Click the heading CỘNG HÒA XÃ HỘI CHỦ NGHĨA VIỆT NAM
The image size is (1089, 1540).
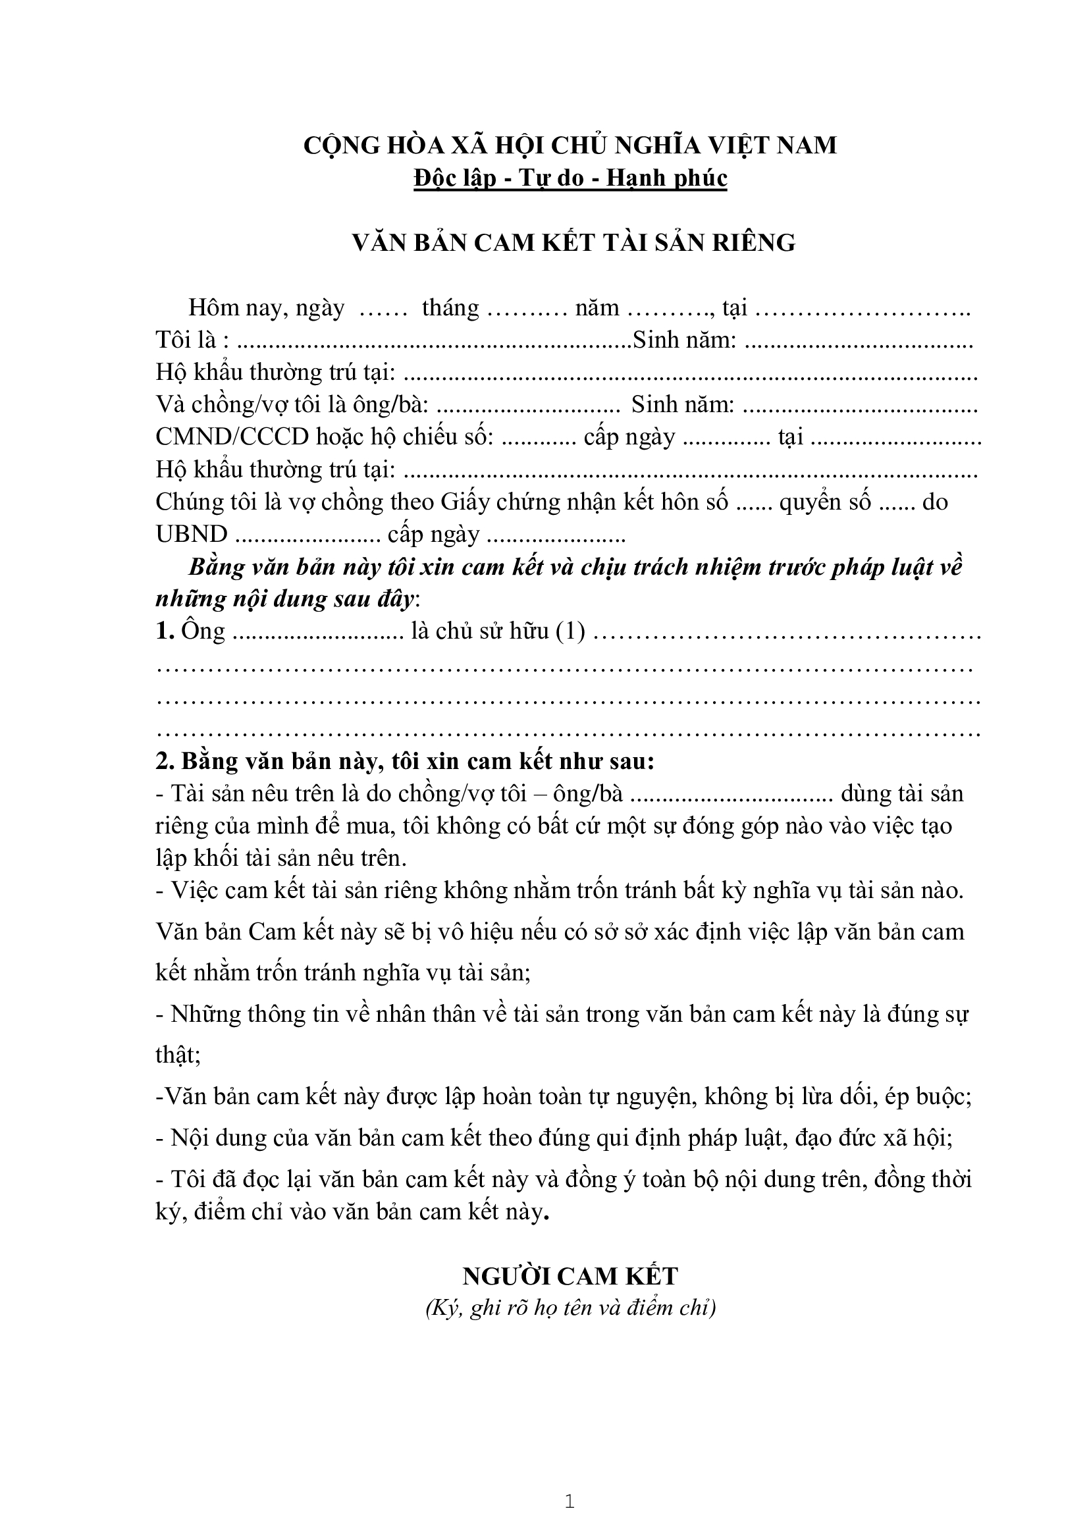570,146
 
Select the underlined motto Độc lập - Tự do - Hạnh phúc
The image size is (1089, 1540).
570,178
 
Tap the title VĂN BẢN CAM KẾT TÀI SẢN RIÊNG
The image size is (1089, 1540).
574,242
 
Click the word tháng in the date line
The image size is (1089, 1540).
450,308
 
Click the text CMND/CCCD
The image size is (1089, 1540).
232,437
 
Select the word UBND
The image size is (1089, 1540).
191,534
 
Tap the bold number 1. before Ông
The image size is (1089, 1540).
165,631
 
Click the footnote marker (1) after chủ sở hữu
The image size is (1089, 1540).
571,631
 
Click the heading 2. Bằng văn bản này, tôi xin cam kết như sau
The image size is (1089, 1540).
405,761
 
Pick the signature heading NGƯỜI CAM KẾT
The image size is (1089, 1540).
570,1276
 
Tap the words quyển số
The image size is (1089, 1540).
825,502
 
